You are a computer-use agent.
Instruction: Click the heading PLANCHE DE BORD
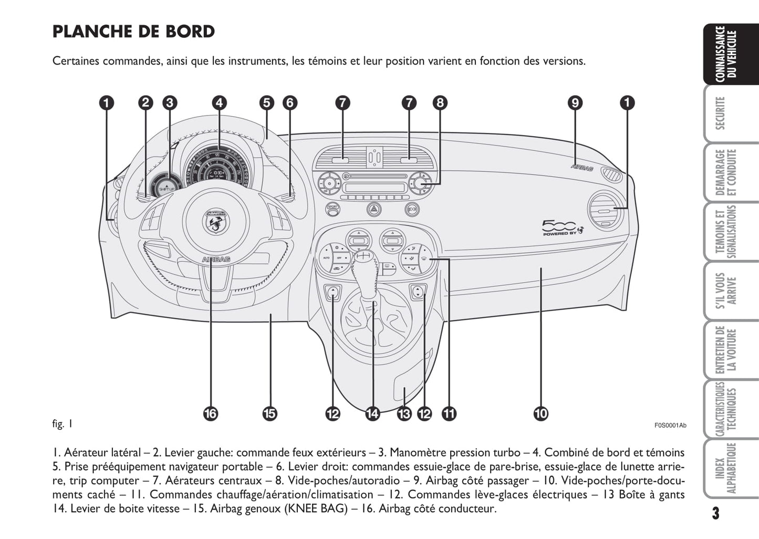pos(133,32)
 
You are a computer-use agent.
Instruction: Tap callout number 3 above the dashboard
pos(169,102)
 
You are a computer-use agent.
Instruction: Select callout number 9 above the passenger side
pos(575,102)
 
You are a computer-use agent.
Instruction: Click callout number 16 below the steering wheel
pos(210,414)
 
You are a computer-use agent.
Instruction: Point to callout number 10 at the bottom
pos(540,414)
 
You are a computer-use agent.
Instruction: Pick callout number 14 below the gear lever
pos(372,414)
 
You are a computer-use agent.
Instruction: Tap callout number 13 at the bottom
pos(404,414)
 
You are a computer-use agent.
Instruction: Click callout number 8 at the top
pos(440,102)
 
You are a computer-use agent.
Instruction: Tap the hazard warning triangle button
pos(373,209)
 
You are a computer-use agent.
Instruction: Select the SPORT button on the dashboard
pos(332,208)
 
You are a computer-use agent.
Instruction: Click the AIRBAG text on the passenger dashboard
pos(582,168)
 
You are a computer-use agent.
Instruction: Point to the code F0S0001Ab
pos(670,426)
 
